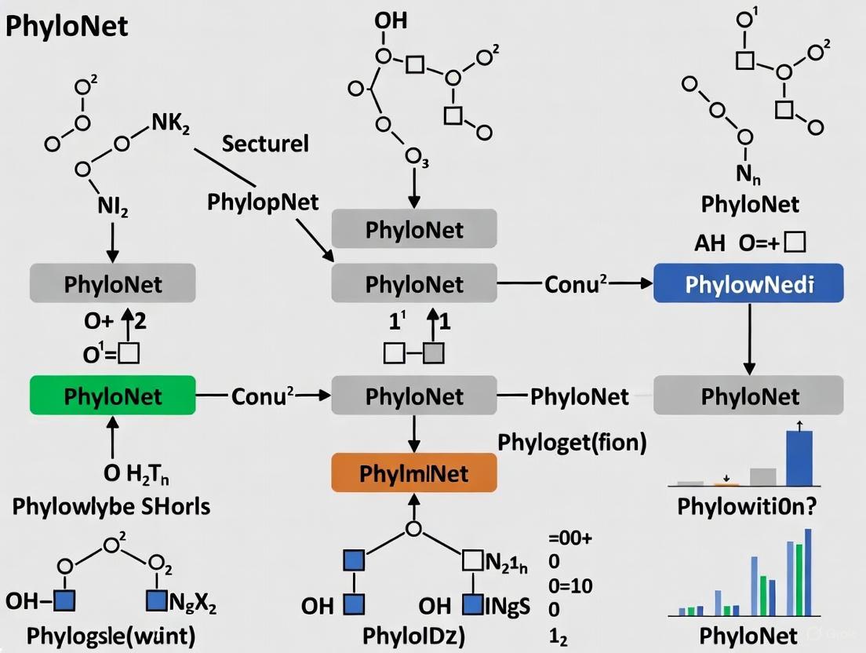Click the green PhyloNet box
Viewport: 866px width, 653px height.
(112, 396)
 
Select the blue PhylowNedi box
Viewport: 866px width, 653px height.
(748, 284)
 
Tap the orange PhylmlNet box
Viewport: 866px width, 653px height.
(413, 472)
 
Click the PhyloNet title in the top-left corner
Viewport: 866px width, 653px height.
(67, 26)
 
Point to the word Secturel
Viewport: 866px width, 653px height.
(265, 144)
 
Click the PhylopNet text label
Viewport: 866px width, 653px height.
(263, 202)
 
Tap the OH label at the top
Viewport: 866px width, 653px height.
(391, 20)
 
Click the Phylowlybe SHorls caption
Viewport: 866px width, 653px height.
(111, 506)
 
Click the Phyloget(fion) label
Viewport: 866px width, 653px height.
(573, 443)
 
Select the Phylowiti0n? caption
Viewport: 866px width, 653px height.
(747, 506)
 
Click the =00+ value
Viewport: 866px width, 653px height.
(570, 538)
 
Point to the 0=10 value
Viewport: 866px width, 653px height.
(570, 586)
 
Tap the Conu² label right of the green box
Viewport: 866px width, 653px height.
(262, 396)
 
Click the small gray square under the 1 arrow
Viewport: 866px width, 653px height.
(434, 353)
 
